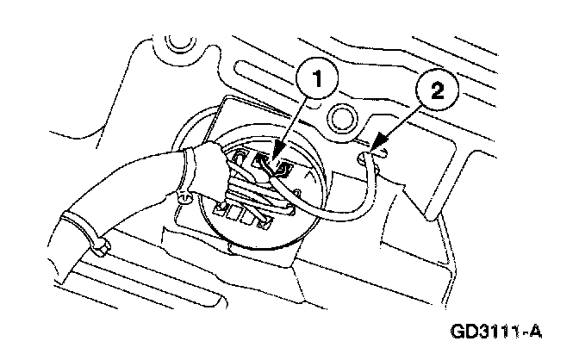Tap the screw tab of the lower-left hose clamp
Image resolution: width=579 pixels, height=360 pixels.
[x=101, y=250]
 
